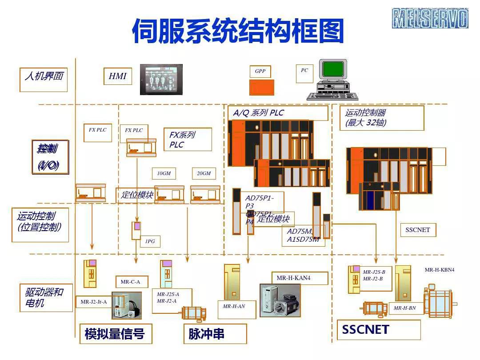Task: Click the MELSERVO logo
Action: point(430,18)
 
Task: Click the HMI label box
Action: point(118,76)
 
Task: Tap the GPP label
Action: point(260,71)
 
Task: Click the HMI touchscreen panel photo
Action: point(161,80)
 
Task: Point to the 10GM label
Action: point(164,173)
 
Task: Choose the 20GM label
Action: point(204,173)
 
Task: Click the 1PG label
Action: point(150,241)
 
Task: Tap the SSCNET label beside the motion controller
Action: point(418,230)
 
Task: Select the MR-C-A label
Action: point(130,282)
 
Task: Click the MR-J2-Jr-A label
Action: point(93,302)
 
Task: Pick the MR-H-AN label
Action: point(234,306)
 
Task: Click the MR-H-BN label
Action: point(404,308)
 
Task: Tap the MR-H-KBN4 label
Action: point(439,270)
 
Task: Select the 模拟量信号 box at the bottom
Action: point(115,334)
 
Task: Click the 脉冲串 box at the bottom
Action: point(215,334)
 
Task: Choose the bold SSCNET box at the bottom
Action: point(378,330)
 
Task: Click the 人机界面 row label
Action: point(44,76)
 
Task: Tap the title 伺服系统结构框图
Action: point(238,31)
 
